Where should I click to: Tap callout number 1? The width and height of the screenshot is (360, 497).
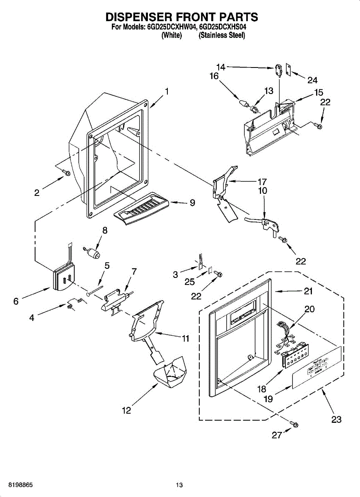tap(167, 91)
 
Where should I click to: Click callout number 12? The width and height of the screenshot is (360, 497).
tap(126, 410)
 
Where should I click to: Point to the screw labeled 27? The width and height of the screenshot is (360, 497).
tap(295, 425)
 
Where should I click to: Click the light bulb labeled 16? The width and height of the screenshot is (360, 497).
tap(244, 101)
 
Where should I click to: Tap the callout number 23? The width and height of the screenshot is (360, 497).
tap(336, 420)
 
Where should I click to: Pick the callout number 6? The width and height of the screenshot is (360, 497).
tap(16, 301)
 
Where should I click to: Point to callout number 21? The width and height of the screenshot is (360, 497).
tap(308, 291)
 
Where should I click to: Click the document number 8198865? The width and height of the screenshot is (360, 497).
tap(17, 485)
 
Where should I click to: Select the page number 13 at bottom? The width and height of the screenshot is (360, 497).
tap(179, 485)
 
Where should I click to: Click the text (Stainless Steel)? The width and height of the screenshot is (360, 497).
tap(222, 36)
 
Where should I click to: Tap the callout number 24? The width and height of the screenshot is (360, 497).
tap(312, 80)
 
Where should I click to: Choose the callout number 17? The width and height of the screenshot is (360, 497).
tap(262, 181)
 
